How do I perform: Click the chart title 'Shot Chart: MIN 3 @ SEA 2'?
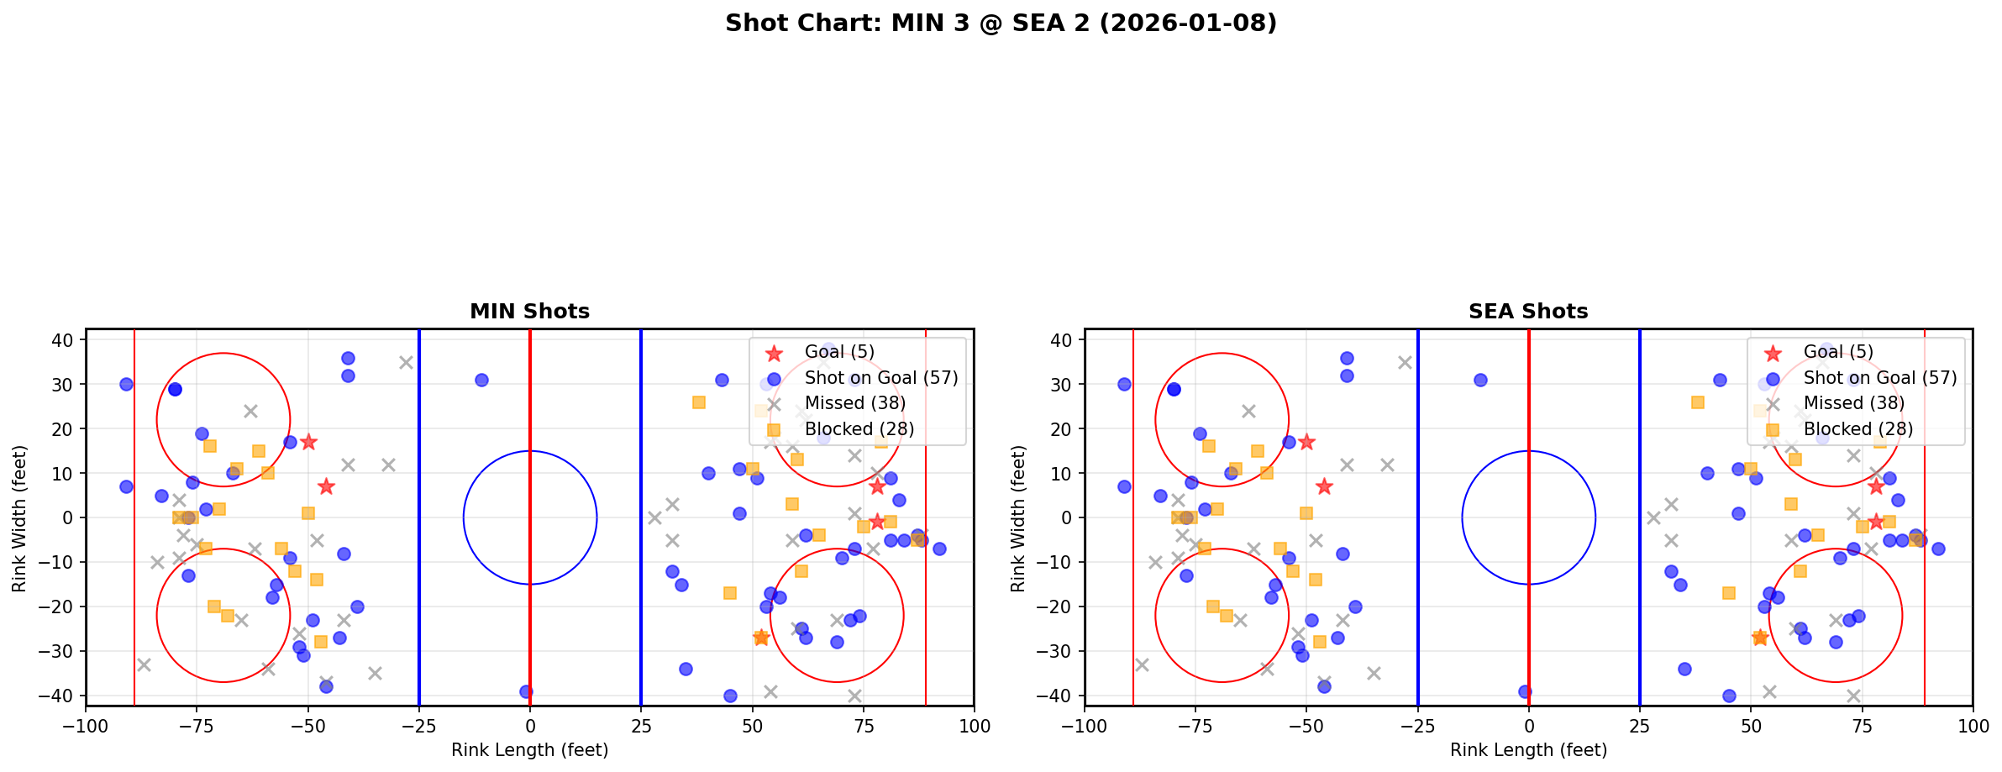tap(1001, 23)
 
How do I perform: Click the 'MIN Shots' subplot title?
tap(529, 312)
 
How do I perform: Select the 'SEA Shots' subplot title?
tap(1527, 312)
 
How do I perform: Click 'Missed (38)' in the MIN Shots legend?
tap(854, 403)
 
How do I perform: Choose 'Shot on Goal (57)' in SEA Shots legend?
tap(1879, 378)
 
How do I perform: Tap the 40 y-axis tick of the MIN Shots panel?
tap(67, 340)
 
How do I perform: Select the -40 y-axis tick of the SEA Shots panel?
tap(1061, 696)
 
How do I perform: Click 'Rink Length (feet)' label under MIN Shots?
tap(529, 750)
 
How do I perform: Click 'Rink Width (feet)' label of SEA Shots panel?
tap(1018, 518)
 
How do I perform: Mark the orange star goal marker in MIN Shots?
tap(761, 638)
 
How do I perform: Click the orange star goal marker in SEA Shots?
tap(1760, 638)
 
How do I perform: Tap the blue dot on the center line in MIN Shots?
tap(526, 692)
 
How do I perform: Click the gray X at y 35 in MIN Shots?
tap(406, 363)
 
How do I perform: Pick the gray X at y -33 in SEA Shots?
tap(1142, 664)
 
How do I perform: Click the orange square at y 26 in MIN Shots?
tap(699, 402)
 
